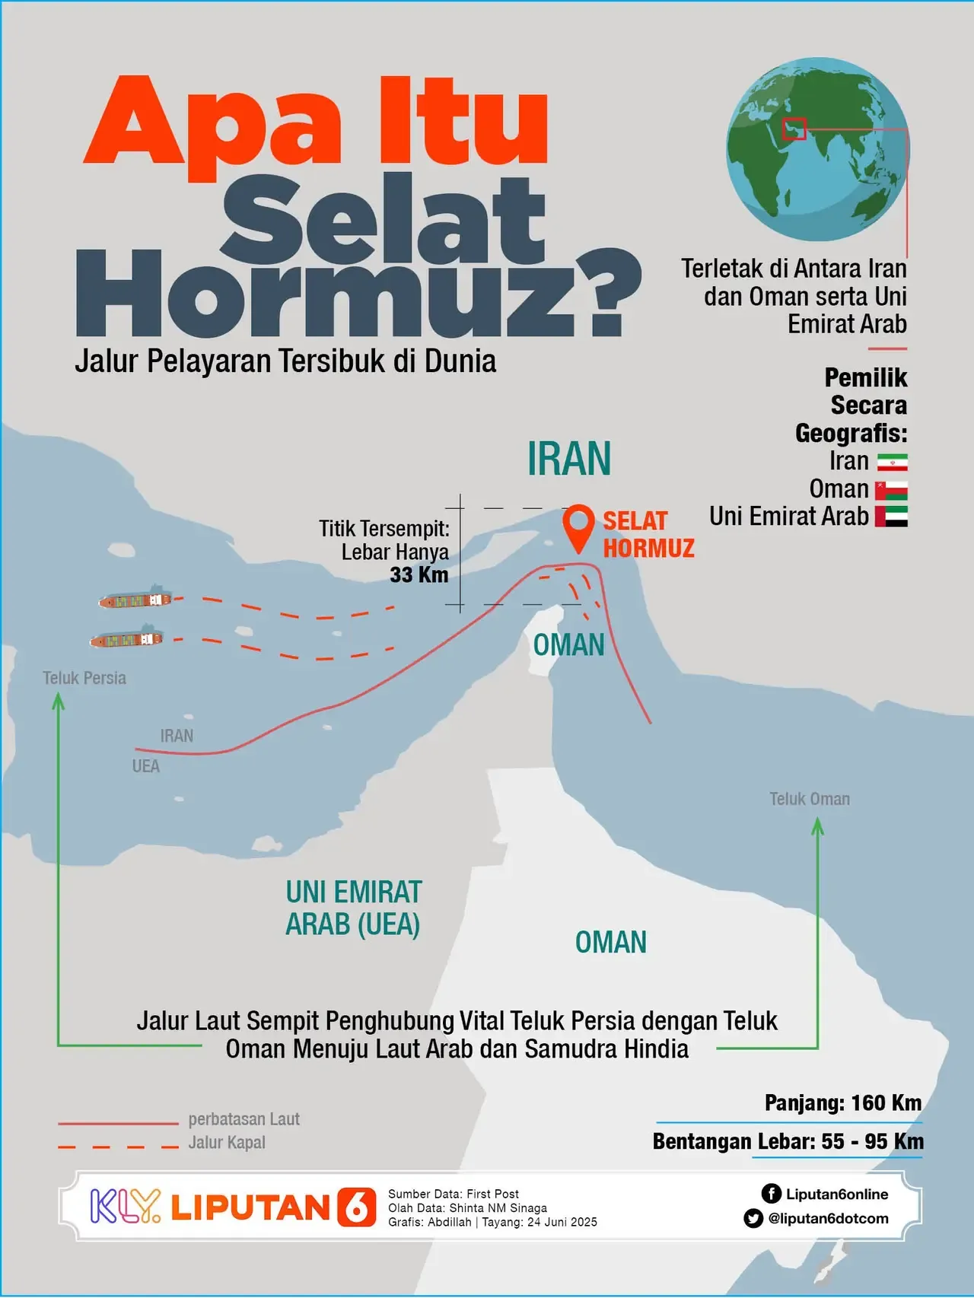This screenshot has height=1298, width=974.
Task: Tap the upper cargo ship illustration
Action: [135, 600]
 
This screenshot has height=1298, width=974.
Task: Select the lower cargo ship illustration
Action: [126, 639]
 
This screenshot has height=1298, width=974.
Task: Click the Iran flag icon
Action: [892, 462]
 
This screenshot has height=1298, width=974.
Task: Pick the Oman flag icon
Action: [891, 490]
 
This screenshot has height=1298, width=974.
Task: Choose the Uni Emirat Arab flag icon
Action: [891, 517]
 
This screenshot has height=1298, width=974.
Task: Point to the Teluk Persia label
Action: [84, 678]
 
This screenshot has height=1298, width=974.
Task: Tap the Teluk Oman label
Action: [809, 799]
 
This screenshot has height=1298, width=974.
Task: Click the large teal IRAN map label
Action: [569, 459]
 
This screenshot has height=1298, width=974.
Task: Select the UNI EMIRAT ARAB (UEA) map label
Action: [353, 908]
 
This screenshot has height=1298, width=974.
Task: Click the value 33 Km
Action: [419, 574]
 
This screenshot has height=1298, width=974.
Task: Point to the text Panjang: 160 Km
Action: [842, 1102]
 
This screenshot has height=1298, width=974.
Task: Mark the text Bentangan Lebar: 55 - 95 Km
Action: [788, 1141]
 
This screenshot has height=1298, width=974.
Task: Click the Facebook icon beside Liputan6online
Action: [771, 1193]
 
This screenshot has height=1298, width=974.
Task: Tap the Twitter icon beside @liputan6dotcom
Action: [753, 1218]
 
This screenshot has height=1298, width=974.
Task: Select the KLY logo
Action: [126, 1206]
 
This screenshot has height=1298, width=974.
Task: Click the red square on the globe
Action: [794, 129]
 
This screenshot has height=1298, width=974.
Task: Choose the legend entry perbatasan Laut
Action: [243, 1119]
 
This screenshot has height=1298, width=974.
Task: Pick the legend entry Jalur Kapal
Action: [227, 1142]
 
